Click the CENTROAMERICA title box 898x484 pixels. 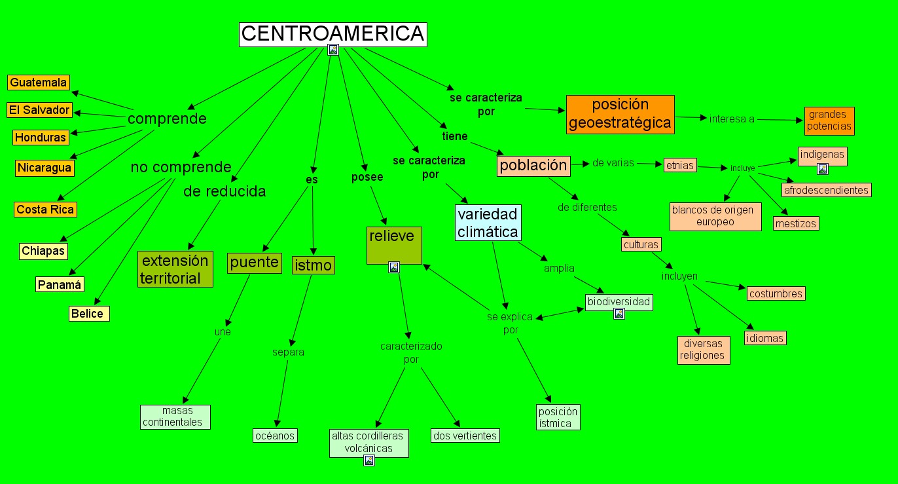(332, 34)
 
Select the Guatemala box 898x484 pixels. (39, 83)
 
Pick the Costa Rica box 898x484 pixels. (45, 210)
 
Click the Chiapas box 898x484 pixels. (44, 251)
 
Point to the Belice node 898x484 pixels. (88, 314)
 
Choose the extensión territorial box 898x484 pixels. (175, 269)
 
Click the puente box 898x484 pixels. (255, 263)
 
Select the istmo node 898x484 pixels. (314, 265)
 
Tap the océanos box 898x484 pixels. (276, 436)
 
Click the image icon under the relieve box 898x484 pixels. (394, 267)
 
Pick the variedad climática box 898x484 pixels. (488, 223)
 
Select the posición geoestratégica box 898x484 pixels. (620, 114)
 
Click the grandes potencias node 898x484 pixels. (829, 121)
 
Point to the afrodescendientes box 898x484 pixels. (826, 190)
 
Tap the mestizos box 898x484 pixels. (796, 223)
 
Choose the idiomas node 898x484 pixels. (764, 338)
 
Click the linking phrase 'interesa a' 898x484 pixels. (732, 119)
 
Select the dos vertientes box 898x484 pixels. (465, 436)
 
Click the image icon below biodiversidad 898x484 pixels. (619, 314)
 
